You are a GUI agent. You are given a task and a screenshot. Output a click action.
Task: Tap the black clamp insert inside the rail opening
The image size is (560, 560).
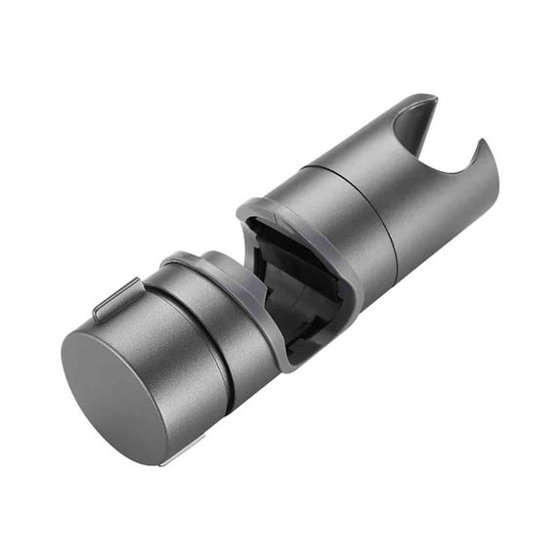tap(293, 283)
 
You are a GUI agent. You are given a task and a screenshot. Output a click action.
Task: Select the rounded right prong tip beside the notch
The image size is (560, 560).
tap(481, 145)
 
